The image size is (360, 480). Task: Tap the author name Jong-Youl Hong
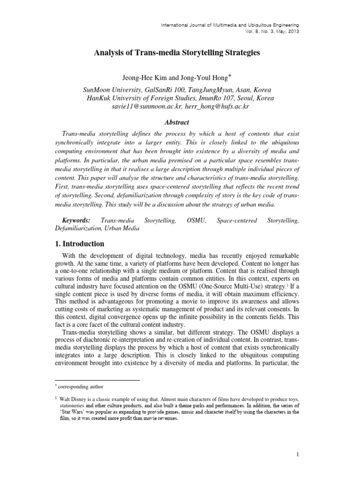click(204, 77)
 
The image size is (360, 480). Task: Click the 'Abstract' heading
click(177, 122)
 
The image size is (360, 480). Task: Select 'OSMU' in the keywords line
click(196, 220)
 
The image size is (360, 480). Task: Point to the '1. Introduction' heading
click(80, 244)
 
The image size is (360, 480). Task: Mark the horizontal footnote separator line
click(97, 380)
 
